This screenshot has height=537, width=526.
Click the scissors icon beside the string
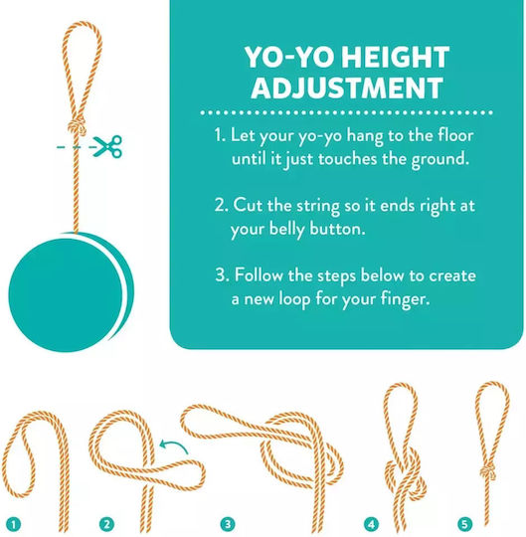pos(107,146)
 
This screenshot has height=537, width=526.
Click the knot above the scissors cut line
pos(76,126)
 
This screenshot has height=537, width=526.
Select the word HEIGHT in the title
pos(395,58)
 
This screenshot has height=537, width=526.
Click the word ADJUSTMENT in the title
pos(347,88)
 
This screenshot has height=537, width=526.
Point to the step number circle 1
pos(14,524)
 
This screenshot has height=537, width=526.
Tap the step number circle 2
pos(106,524)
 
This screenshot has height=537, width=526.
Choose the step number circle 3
pos(228,524)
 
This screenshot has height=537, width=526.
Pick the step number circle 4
pos(372,524)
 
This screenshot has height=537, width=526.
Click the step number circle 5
pos(464,524)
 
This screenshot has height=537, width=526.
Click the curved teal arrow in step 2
pos(173,447)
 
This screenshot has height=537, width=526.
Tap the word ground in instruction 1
pos(439,159)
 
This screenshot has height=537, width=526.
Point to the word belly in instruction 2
pos(287,229)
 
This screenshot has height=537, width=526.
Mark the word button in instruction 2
pos(337,229)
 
